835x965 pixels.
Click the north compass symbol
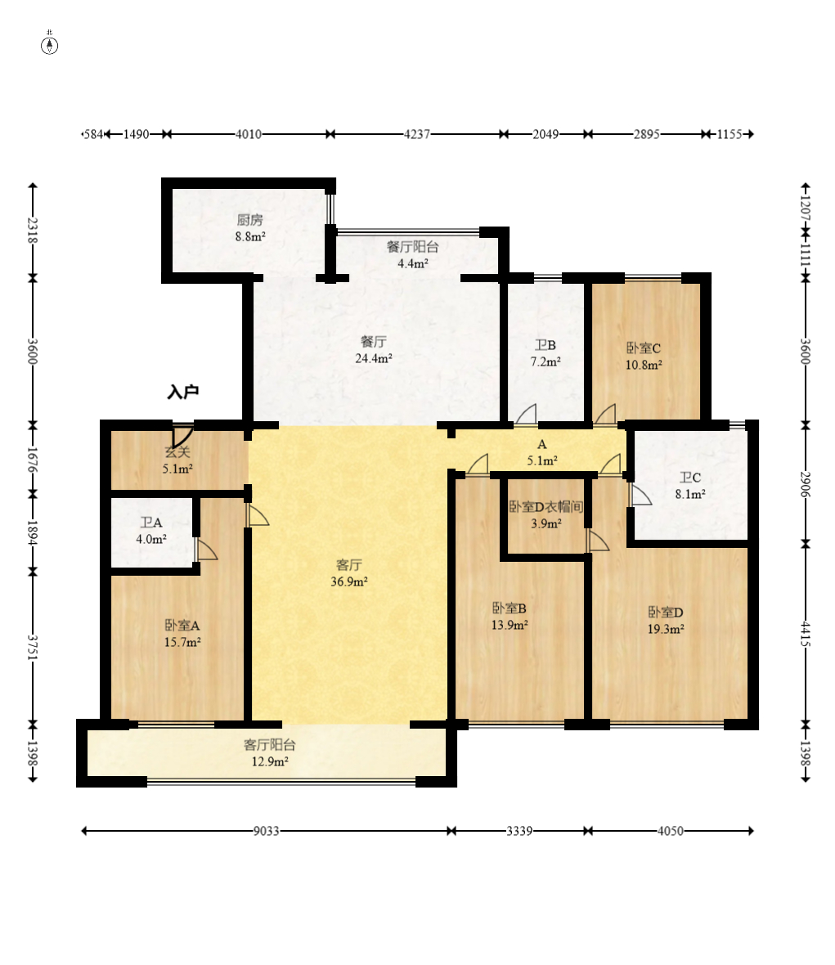point(49,45)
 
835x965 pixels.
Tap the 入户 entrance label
point(183,392)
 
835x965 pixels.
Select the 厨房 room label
point(249,220)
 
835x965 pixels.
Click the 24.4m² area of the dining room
point(374,358)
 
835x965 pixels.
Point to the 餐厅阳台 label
point(412,247)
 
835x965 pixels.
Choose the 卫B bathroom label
point(545,345)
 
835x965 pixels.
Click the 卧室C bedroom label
point(644,348)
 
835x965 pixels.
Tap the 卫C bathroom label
point(689,478)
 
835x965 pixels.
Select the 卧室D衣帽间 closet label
point(545,506)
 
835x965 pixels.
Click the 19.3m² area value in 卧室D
point(666,629)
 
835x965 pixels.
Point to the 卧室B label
point(510,608)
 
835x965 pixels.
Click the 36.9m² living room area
point(349,581)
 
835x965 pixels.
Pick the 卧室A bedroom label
point(182,626)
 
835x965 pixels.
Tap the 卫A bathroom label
point(151,523)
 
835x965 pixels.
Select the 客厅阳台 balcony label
point(270,745)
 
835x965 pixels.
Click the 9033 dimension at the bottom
point(267,831)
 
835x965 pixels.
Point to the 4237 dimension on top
point(416,134)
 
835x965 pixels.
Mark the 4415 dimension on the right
point(806,634)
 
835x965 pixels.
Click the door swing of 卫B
point(526,414)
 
